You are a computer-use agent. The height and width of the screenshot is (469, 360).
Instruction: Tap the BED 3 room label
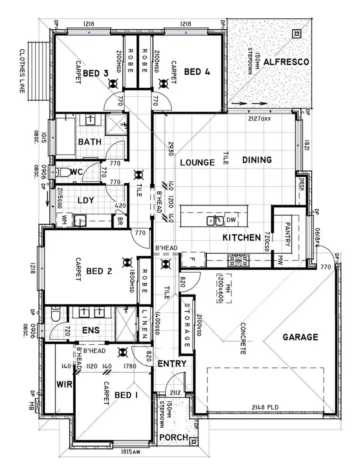(x=96, y=73)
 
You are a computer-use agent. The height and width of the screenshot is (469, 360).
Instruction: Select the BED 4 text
(x=197, y=72)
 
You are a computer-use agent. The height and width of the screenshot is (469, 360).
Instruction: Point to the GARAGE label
(x=301, y=337)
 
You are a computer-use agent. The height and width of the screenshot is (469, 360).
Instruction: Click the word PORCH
(x=174, y=437)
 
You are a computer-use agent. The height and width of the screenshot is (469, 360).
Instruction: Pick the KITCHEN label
(x=242, y=238)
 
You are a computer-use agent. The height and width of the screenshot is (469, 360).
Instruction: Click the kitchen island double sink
(x=215, y=221)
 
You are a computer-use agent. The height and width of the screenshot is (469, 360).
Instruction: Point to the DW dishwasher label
(x=231, y=220)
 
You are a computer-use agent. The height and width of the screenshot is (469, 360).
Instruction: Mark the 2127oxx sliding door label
(x=259, y=119)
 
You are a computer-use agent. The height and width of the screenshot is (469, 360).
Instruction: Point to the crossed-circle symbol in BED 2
(x=127, y=262)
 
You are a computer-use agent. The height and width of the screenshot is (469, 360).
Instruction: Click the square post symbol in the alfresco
(x=297, y=33)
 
